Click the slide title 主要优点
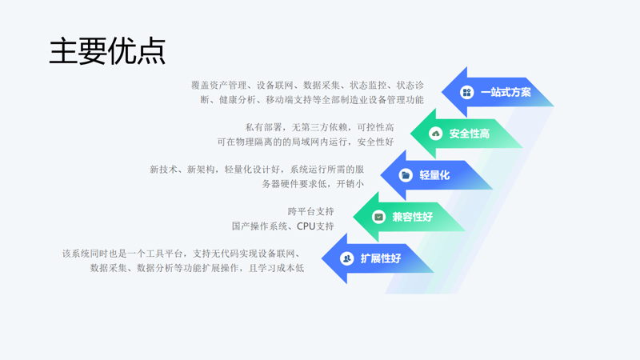coord(107,51)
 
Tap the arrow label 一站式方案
coord(506,92)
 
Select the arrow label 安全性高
coord(470,134)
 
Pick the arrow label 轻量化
coord(434,175)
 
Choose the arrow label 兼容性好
coord(412,217)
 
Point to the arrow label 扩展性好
coord(381,258)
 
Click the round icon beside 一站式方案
coord(466,92)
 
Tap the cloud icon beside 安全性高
coord(435,134)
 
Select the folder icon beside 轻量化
coord(406,175)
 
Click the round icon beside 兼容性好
coord(378,217)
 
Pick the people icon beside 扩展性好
coord(346,258)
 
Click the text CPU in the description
coord(306,226)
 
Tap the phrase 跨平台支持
coord(310,211)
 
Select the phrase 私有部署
coord(264,127)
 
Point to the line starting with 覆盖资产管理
coord(307,86)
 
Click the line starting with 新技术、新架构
coord(257,170)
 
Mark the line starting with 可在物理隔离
coord(306,142)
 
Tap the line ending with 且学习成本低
coord(197,268)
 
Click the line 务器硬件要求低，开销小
coord(313,184)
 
